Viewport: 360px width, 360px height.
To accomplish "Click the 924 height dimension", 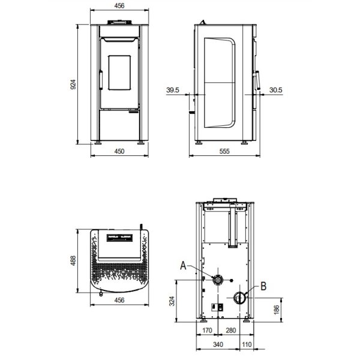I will coord(74,85).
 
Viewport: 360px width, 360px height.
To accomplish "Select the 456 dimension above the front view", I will coord(119,8).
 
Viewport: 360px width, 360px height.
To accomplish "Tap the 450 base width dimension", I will coord(119,152).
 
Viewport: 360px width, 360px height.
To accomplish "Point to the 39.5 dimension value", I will coord(173,90).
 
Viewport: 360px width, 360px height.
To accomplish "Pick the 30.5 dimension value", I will coord(277,90).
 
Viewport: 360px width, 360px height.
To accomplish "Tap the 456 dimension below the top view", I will coord(119,301).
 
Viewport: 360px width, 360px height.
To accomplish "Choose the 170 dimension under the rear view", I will coord(208,330).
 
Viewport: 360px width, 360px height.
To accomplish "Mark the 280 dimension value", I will coord(230,330).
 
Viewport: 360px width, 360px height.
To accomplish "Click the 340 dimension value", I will coord(218,344).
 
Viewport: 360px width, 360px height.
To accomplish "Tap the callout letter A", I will coord(184,265).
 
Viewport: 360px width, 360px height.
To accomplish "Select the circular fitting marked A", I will coord(220,279).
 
